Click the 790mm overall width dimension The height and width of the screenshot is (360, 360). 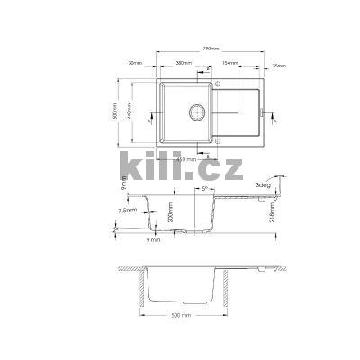pyautogui.click(x=211, y=48)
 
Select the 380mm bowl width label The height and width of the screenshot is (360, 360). pyautogui.click(x=185, y=64)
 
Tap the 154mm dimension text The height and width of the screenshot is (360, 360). pyautogui.click(x=229, y=64)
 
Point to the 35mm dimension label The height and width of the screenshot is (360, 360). pyautogui.click(x=279, y=64)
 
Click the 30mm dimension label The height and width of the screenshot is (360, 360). pyautogui.click(x=137, y=64)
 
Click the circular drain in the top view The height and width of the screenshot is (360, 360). pyautogui.click(x=193, y=113)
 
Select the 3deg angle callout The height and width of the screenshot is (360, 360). pyautogui.click(x=262, y=184)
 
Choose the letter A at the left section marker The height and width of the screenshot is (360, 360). pyautogui.click(x=136, y=127)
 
